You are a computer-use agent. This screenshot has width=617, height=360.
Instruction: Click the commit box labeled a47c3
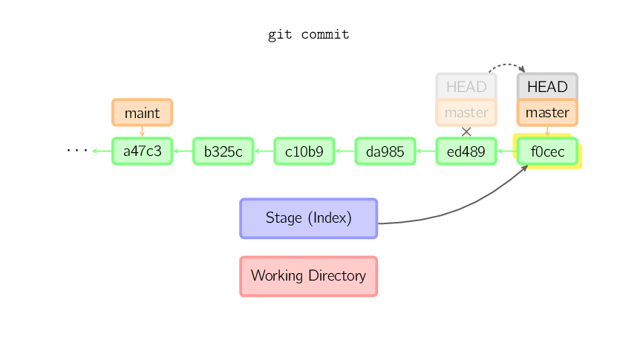click(142, 151)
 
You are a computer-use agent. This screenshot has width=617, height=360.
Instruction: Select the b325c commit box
click(223, 151)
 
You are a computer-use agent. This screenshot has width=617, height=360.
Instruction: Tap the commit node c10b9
click(304, 151)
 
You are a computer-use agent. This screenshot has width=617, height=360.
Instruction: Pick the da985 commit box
click(385, 151)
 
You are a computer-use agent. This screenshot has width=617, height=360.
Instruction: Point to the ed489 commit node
click(466, 151)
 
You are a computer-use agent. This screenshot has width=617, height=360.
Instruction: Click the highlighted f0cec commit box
click(547, 151)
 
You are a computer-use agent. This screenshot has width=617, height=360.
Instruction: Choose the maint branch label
click(142, 113)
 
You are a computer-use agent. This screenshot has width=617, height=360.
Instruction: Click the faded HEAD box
click(466, 86)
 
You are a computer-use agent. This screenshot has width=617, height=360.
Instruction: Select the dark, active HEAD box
click(547, 86)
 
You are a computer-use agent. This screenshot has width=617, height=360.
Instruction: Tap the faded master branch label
click(466, 113)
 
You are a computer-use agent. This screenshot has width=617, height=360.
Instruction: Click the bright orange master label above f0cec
click(547, 113)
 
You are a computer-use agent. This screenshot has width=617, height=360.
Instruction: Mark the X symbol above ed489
click(466, 132)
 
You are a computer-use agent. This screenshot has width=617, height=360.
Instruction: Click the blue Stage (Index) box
click(309, 218)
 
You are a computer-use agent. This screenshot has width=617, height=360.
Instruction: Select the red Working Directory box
click(309, 276)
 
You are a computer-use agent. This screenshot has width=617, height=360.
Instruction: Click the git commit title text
click(309, 35)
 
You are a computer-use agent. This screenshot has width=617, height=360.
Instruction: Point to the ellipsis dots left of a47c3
click(77, 150)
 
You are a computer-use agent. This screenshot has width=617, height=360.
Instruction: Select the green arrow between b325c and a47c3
click(183, 151)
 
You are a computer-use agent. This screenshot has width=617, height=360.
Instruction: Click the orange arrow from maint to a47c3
click(142, 131)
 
